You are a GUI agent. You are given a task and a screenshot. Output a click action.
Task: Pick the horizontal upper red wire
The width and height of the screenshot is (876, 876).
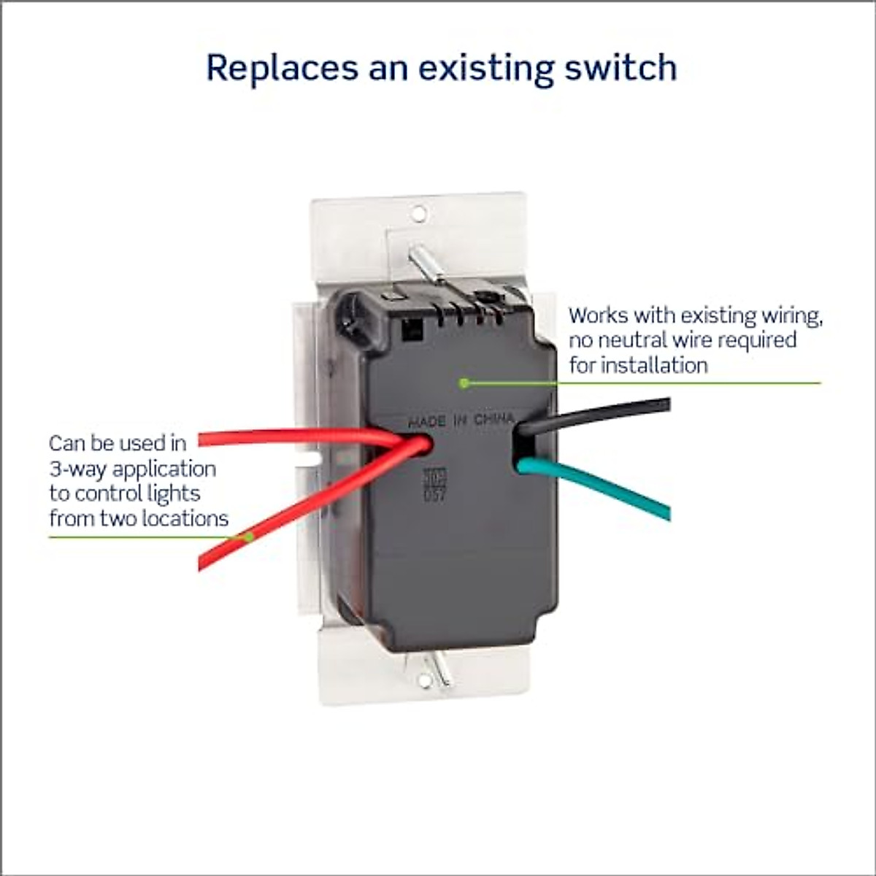coord(292,439)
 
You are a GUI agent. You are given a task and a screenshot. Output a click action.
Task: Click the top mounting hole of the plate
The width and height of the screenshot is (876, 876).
coord(418,213)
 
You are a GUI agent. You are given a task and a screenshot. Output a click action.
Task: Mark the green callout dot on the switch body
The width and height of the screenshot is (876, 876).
coord(462,382)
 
